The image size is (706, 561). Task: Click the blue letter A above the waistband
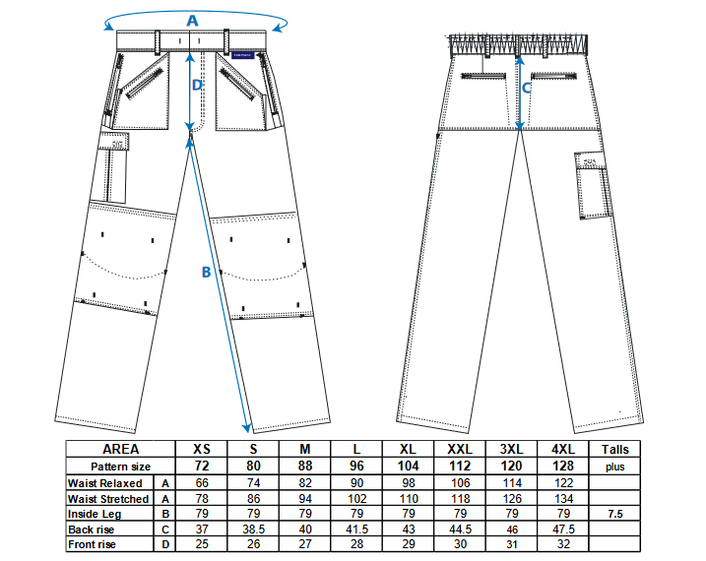point(192,21)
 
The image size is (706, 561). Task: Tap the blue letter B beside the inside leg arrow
point(206,272)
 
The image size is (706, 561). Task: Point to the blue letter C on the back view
point(527,88)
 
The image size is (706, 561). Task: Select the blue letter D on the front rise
point(197,85)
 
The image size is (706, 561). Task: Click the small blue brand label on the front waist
point(243,55)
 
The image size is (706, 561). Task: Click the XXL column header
point(460,449)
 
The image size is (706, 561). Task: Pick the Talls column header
point(615,449)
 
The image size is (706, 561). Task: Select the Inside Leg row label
point(95,514)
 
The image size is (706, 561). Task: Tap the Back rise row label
point(91,530)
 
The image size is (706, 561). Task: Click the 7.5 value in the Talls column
point(615,514)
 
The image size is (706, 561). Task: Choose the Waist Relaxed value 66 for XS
point(202,482)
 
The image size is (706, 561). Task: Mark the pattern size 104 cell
point(409,466)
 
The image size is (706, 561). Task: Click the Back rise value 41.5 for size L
point(356,530)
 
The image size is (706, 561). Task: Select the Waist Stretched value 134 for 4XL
point(563,498)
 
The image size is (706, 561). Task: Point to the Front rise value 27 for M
point(305,544)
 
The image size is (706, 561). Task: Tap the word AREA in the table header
point(121,449)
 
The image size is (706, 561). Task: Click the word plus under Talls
point(615,467)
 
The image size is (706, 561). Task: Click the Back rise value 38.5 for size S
point(253,530)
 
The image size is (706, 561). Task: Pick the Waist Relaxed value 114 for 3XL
point(512,482)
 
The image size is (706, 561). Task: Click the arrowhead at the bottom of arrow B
point(247,428)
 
